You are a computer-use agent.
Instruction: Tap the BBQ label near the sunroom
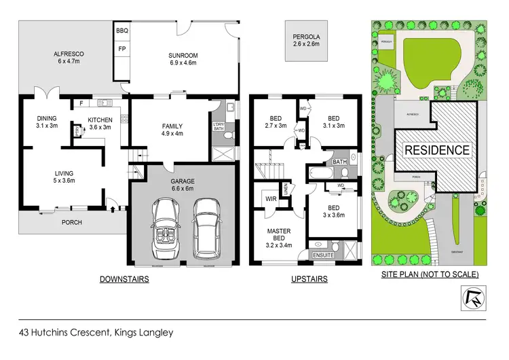(x=122, y=31)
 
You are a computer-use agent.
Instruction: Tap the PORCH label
(x=72, y=221)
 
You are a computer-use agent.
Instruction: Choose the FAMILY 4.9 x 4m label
(x=172, y=130)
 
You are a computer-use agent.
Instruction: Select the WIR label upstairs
(x=269, y=199)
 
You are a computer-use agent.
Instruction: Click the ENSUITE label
(x=320, y=255)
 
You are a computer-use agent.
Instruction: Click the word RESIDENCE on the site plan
(x=436, y=150)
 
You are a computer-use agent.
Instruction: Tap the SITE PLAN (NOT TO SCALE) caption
(x=430, y=274)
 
